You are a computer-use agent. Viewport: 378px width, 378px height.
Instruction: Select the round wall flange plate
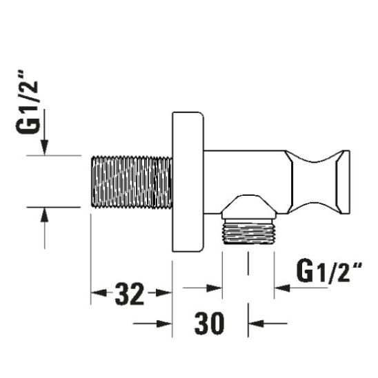[x=188, y=181]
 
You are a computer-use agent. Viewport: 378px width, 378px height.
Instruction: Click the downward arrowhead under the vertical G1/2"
[x=44, y=147]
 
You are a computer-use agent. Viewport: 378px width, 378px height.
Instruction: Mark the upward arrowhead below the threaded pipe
[x=44, y=215]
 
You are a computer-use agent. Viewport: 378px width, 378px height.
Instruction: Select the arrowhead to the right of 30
[x=256, y=323]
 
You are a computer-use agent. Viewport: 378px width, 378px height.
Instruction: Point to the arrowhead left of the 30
[x=165, y=323]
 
